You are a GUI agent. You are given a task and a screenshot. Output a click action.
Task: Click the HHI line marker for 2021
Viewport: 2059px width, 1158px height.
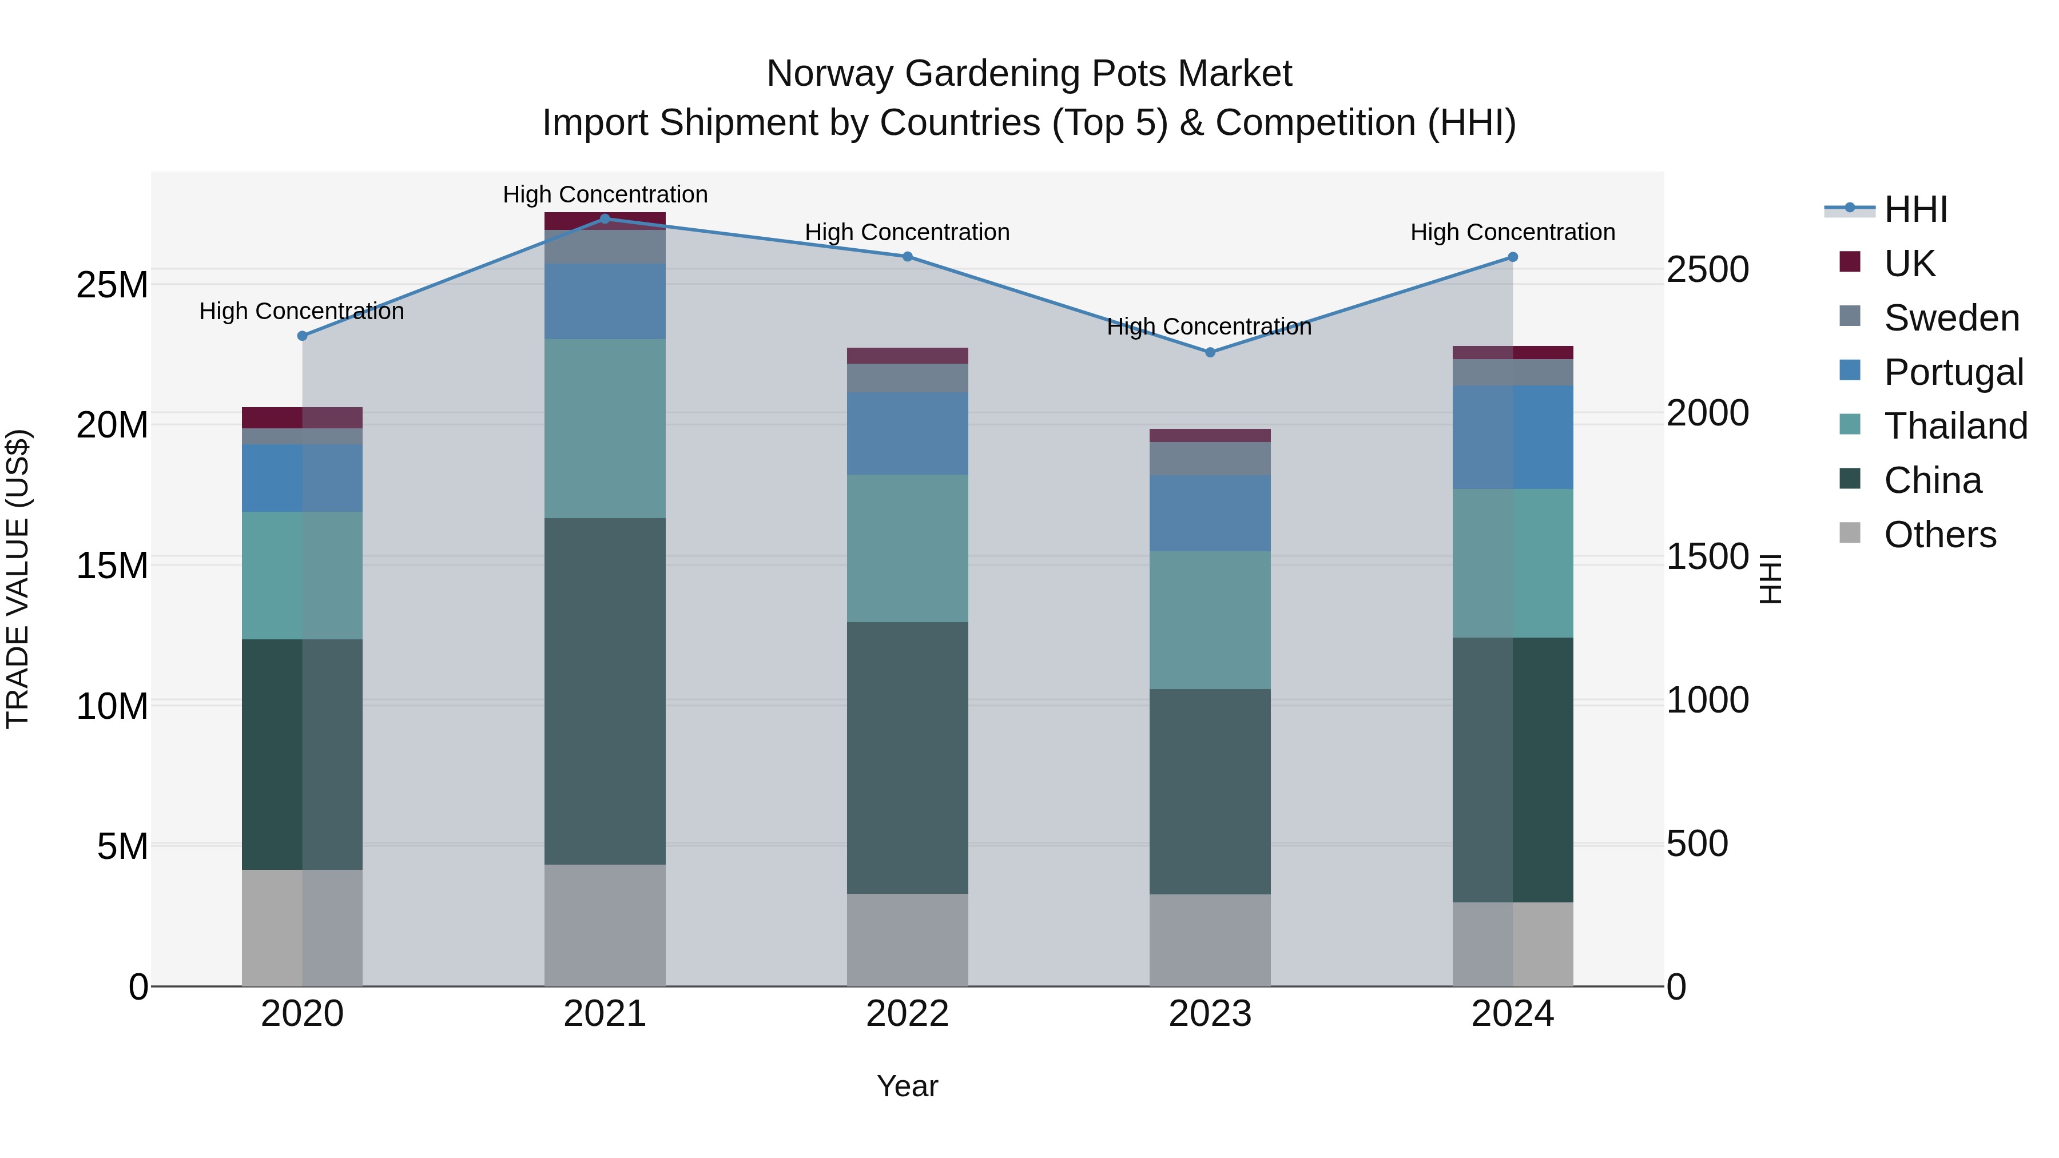pyautogui.click(x=605, y=219)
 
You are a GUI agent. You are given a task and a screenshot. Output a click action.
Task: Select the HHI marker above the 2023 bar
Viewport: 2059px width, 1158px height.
pyautogui.click(x=1210, y=352)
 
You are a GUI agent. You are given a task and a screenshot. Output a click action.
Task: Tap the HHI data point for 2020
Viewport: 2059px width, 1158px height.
pyautogui.click(x=302, y=336)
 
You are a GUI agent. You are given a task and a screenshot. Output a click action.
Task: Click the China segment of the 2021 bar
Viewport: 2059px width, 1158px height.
pyautogui.click(x=605, y=691)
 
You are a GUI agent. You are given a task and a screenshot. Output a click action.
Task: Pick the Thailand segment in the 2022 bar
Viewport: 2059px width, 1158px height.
pyautogui.click(x=907, y=548)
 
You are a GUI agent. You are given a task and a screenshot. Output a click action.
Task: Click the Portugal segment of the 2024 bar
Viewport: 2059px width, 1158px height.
pyautogui.click(x=1512, y=437)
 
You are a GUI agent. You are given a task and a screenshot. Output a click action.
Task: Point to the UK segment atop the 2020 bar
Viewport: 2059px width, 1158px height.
pyautogui.click(x=302, y=417)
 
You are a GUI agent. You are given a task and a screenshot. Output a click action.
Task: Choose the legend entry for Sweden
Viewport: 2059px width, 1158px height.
pyautogui.click(x=1951, y=318)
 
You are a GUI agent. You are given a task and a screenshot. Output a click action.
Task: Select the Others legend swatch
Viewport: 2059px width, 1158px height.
pyautogui.click(x=1850, y=533)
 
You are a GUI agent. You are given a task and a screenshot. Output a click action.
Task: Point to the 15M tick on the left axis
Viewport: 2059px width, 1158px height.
pyautogui.click(x=112, y=566)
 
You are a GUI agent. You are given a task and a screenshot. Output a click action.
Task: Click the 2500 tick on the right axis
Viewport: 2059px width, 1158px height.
pyautogui.click(x=1707, y=270)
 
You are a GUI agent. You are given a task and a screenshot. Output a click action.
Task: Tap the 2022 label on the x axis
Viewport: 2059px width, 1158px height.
pyautogui.click(x=907, y=1014)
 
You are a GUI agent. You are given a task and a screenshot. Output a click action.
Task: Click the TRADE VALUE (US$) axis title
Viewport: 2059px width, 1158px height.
pyautogui.click(x=18, y=579)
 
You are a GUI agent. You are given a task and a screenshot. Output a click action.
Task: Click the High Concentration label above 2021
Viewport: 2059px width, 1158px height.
pyautogui.click(x=605, y=194)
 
